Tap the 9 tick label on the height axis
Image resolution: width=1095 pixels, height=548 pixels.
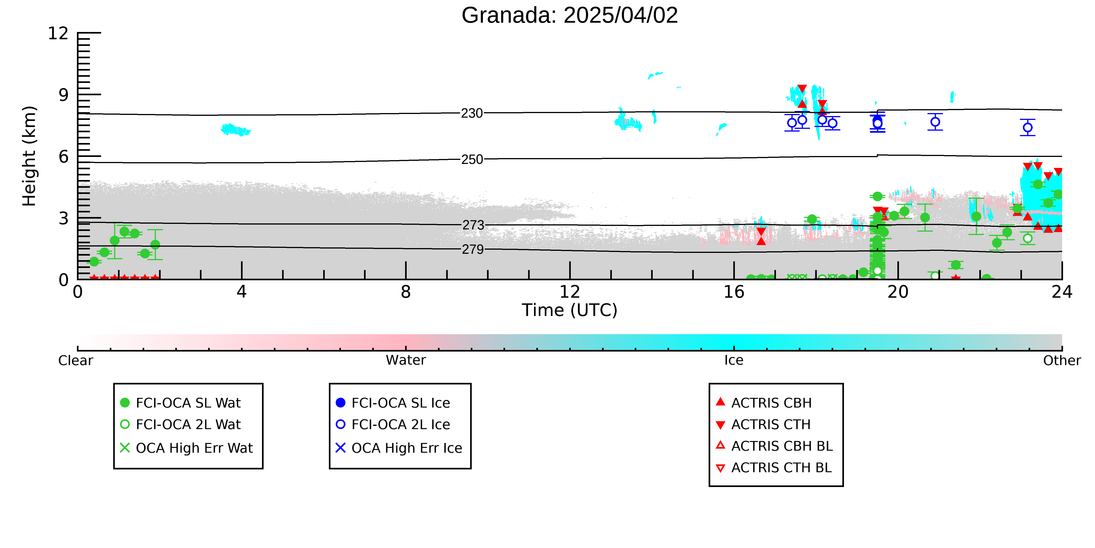point(64,95)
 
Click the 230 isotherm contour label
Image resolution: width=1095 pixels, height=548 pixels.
point(472,113)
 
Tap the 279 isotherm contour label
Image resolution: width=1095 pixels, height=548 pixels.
point(473,249)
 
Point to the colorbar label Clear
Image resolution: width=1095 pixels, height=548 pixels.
point(76,360)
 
